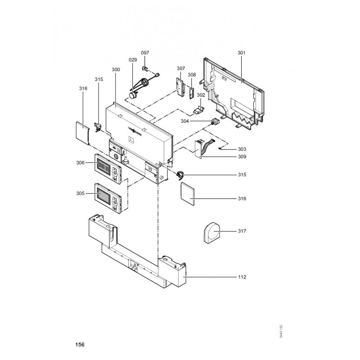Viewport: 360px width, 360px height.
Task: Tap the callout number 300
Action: (116, 70)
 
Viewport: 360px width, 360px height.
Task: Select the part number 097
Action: (145, 53)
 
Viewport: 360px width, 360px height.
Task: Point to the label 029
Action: (132, 60)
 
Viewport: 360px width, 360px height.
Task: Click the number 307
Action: (181, 68)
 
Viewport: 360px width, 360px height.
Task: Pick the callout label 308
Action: (192, 75)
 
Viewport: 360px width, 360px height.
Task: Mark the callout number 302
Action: (201, 95)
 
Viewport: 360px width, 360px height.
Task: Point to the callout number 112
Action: (243, 277)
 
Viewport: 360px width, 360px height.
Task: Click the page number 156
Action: (80, 345)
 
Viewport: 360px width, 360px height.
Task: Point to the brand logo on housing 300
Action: (136, 130)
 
